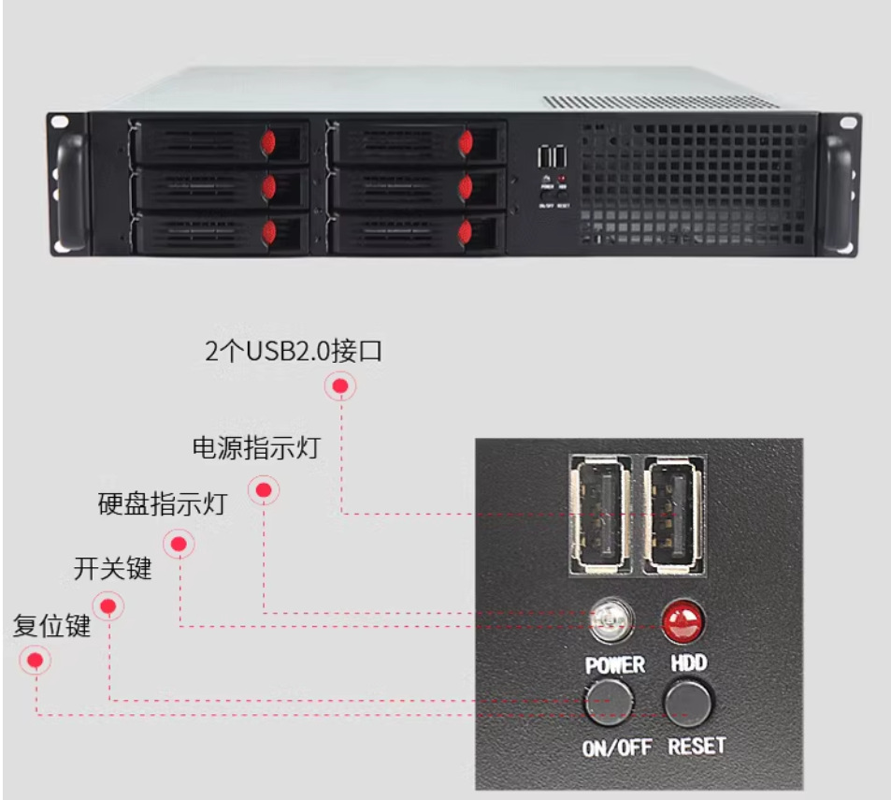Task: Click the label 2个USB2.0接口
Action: coord(294,352)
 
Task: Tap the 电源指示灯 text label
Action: coord(255,448)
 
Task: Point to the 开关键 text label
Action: coord(112,568)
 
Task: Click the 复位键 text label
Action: coord(51,625)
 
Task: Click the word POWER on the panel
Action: coord(614,665)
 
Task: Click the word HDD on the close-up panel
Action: coord(688,663)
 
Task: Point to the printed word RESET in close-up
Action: coord(697,746)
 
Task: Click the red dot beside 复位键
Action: coord(36,661)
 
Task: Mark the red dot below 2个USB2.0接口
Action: coord(341,386)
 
